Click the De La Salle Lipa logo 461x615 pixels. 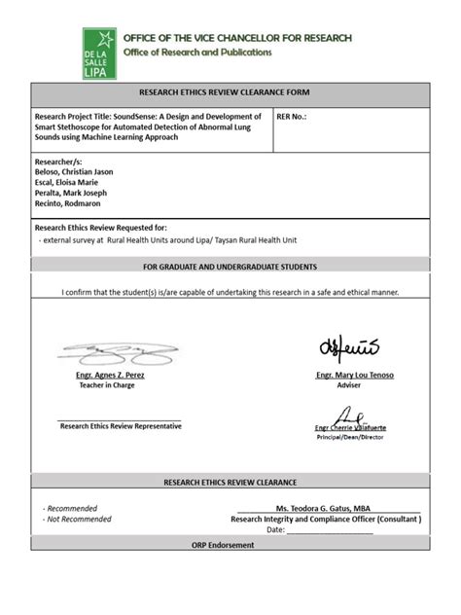99,53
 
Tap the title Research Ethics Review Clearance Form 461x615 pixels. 230,94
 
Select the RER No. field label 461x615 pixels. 293,116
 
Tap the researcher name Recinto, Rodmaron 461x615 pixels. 68,203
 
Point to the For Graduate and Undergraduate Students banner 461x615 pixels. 230,266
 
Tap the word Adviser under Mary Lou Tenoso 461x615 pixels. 348,385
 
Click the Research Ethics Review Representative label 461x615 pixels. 120,426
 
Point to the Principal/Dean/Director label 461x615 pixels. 349,438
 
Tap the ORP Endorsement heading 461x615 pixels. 230,545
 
